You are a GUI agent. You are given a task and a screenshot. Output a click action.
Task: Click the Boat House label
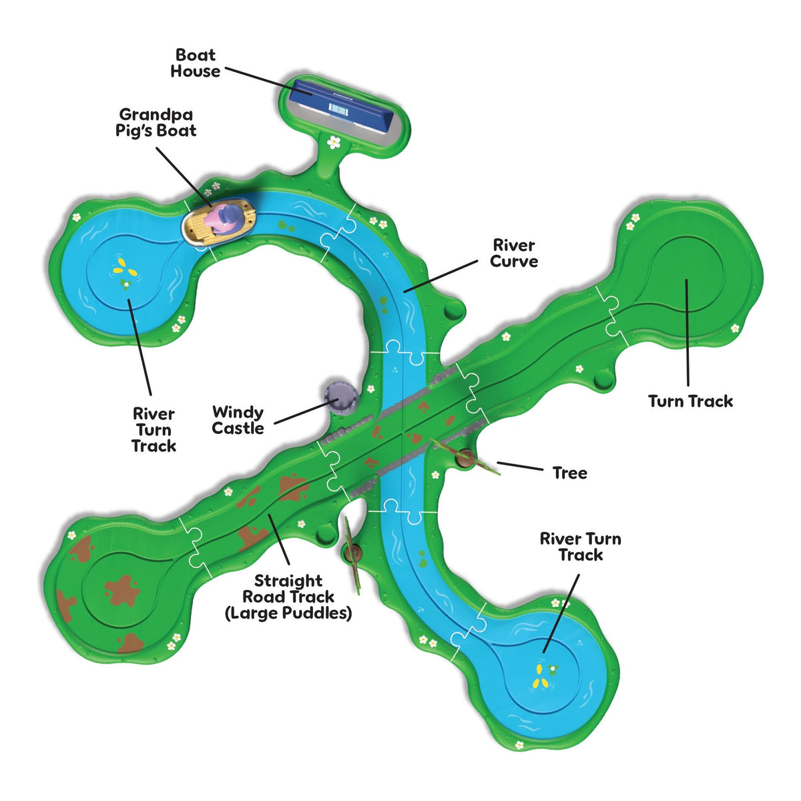point(195,63)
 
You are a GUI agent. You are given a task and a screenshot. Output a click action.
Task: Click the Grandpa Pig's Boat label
point(156,122)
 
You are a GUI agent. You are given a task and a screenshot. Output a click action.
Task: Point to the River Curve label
point(514,253)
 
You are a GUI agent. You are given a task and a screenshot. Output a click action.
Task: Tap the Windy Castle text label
point(238,420)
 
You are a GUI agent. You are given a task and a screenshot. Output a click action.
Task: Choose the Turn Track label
point(690,401)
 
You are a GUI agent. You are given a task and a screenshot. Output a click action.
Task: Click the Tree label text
point(570,473)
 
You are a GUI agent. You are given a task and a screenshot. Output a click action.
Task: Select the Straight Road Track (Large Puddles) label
point(288,597)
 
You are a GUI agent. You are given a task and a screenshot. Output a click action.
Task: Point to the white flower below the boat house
point(333,143)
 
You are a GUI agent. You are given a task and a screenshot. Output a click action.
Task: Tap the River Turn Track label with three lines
point(154,430)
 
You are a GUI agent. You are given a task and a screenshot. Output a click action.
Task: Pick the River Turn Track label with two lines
point(580,547)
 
